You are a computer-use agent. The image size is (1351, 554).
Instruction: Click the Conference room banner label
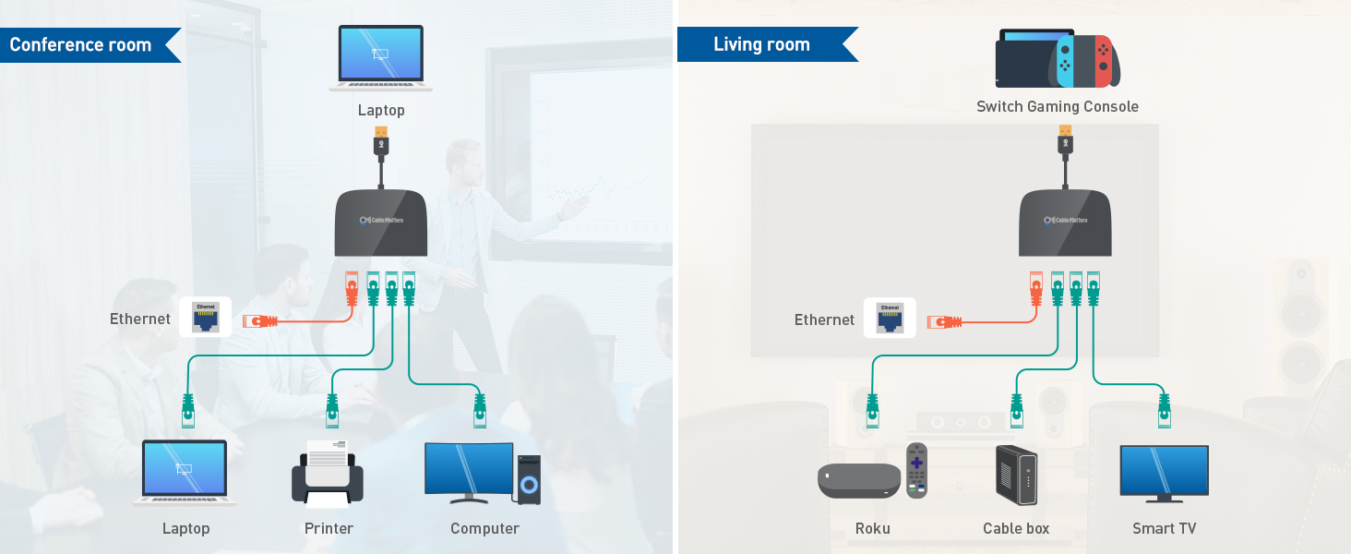[81, 45]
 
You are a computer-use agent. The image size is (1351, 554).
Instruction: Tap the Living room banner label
[761, 44]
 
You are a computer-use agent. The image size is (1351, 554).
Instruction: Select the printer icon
[328, 474]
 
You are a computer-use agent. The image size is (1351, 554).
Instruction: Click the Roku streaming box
[858, 480]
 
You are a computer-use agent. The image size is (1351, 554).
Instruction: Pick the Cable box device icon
[1016, 476]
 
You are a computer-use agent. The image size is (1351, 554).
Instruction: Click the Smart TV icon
[1164, 473]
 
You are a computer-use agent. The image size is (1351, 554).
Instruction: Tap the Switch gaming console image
[1058, 59]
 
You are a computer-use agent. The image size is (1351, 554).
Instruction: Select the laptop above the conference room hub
[381, 58]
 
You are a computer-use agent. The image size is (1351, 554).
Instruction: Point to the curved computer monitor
[469, 472]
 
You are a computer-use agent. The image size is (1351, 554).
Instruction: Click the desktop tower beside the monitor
[528, 478]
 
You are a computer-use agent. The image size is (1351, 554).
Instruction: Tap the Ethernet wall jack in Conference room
[204, 318]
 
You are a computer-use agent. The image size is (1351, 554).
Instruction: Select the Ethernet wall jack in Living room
[890, 318]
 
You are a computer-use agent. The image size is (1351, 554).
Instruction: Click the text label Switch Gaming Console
[1058, 107]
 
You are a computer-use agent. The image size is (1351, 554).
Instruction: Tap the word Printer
[329, 529]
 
